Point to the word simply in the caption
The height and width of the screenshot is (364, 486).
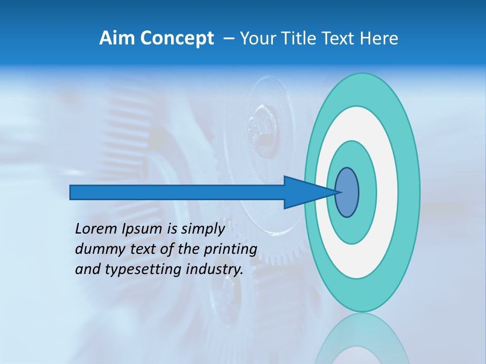pos(202,229)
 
